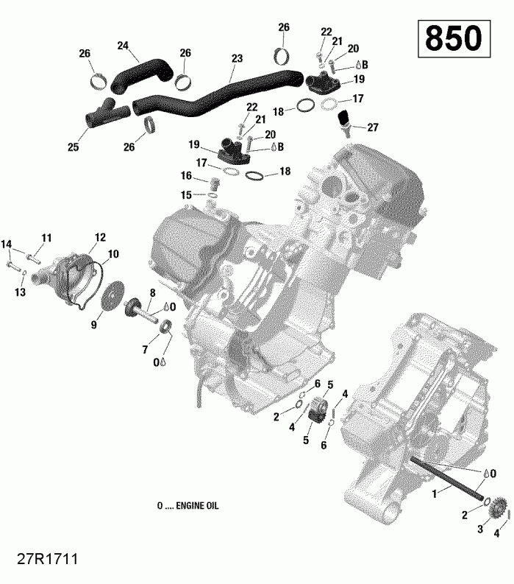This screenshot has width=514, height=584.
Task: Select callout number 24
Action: coord(124,45)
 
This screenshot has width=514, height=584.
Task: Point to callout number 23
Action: coord(236,57)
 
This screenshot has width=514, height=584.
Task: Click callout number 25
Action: coord(73,147)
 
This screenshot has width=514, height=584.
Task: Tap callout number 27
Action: coord(373,127)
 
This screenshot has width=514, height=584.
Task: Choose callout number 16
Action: coord(186,176)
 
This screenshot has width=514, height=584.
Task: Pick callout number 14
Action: coord(7,244)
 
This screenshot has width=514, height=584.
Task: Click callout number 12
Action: coord(100,237)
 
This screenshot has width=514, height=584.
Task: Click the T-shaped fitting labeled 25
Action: coord(104,113)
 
